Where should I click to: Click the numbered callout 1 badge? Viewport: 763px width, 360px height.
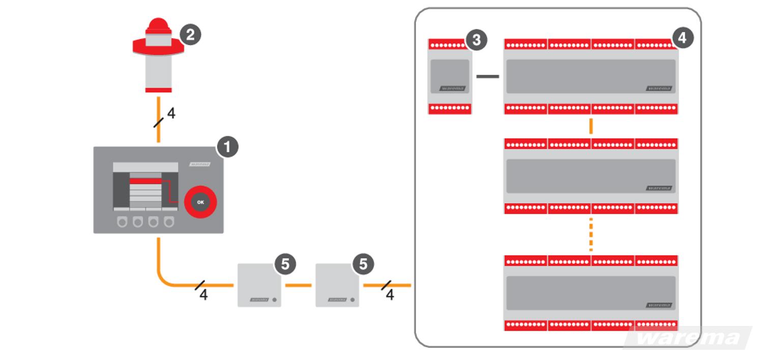coord(227,147)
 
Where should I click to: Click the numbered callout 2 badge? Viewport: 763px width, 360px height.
coord(190,35)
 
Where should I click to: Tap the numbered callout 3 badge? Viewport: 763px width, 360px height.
coord(477,40)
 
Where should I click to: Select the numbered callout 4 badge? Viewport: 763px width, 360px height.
coord(683,38)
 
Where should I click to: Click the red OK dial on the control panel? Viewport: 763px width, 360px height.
coord(200,202)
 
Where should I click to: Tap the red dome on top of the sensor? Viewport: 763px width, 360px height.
coord(158,23)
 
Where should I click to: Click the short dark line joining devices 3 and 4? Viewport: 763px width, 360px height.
coord(487,77)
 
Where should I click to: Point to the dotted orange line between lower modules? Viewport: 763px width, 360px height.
coord(591,234)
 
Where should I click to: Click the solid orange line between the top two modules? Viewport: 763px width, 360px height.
coord(591,126)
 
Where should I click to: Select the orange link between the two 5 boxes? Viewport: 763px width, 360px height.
coord(298,285)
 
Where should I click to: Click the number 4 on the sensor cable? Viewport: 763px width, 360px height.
coord(171,114)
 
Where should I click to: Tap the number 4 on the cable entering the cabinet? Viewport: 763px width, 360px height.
coord(390,295)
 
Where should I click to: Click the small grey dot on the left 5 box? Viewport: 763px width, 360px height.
coord(275,299)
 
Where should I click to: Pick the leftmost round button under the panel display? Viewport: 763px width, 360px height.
coord(122,222)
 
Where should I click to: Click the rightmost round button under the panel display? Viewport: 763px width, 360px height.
coord(168,222)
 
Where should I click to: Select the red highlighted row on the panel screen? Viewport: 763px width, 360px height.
coord(145,181)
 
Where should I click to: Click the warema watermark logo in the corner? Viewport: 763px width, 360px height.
coord(688,338)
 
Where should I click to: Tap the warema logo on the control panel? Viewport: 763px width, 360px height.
coord(200,164)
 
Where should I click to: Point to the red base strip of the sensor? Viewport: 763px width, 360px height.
coord(158,90)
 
